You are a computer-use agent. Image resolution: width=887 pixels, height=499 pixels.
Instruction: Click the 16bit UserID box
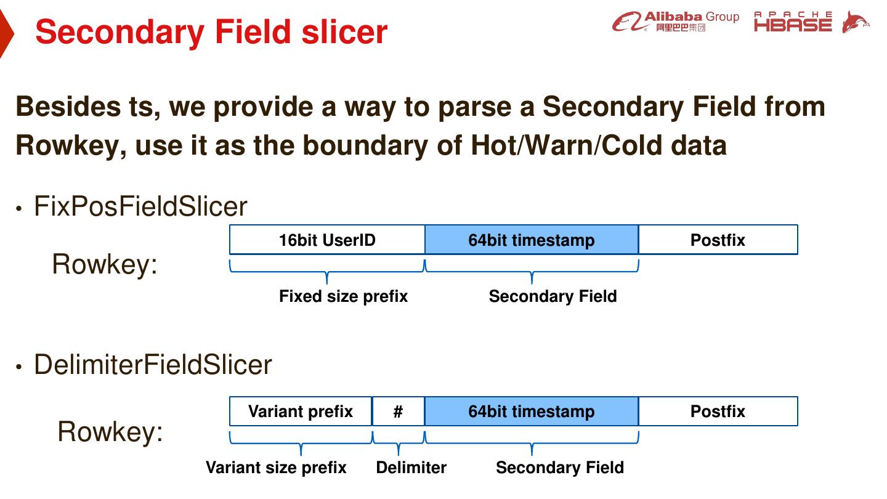tap(327, 240)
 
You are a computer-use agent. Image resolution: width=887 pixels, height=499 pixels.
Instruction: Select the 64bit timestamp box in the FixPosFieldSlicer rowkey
tap(532, 240)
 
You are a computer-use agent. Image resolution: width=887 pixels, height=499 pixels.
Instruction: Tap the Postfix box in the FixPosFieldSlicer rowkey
tap(718, 240)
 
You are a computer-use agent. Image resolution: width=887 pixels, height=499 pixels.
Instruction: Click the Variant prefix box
tap(301, 411)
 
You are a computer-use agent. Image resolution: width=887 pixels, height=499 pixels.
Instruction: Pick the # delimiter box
tap(399, 411)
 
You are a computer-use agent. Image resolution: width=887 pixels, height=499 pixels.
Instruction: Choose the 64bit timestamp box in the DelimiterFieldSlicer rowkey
tap(532, 411)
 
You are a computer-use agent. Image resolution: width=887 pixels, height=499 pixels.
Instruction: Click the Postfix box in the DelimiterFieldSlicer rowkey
tap(718, 411)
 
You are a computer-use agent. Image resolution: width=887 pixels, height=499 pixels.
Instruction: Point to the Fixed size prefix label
tap(343, 296)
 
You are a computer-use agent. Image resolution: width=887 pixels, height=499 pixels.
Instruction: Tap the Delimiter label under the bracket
tap(411, 468)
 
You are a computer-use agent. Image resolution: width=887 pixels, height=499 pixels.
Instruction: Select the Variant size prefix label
tap(276, 468)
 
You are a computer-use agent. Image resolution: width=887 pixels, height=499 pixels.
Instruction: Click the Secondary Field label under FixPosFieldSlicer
tap(553, 296)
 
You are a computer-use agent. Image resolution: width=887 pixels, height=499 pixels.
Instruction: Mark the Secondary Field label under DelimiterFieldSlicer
tap(560, 468)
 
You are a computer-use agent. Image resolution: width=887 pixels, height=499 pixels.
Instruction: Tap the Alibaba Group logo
tap(676, 22)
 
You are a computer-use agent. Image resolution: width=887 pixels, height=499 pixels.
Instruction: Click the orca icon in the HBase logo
tap(856, 22)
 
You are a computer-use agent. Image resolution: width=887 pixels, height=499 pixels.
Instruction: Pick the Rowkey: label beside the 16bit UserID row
tap(105, 264)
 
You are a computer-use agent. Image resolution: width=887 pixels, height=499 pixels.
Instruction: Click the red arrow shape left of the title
tap(6, 33)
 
